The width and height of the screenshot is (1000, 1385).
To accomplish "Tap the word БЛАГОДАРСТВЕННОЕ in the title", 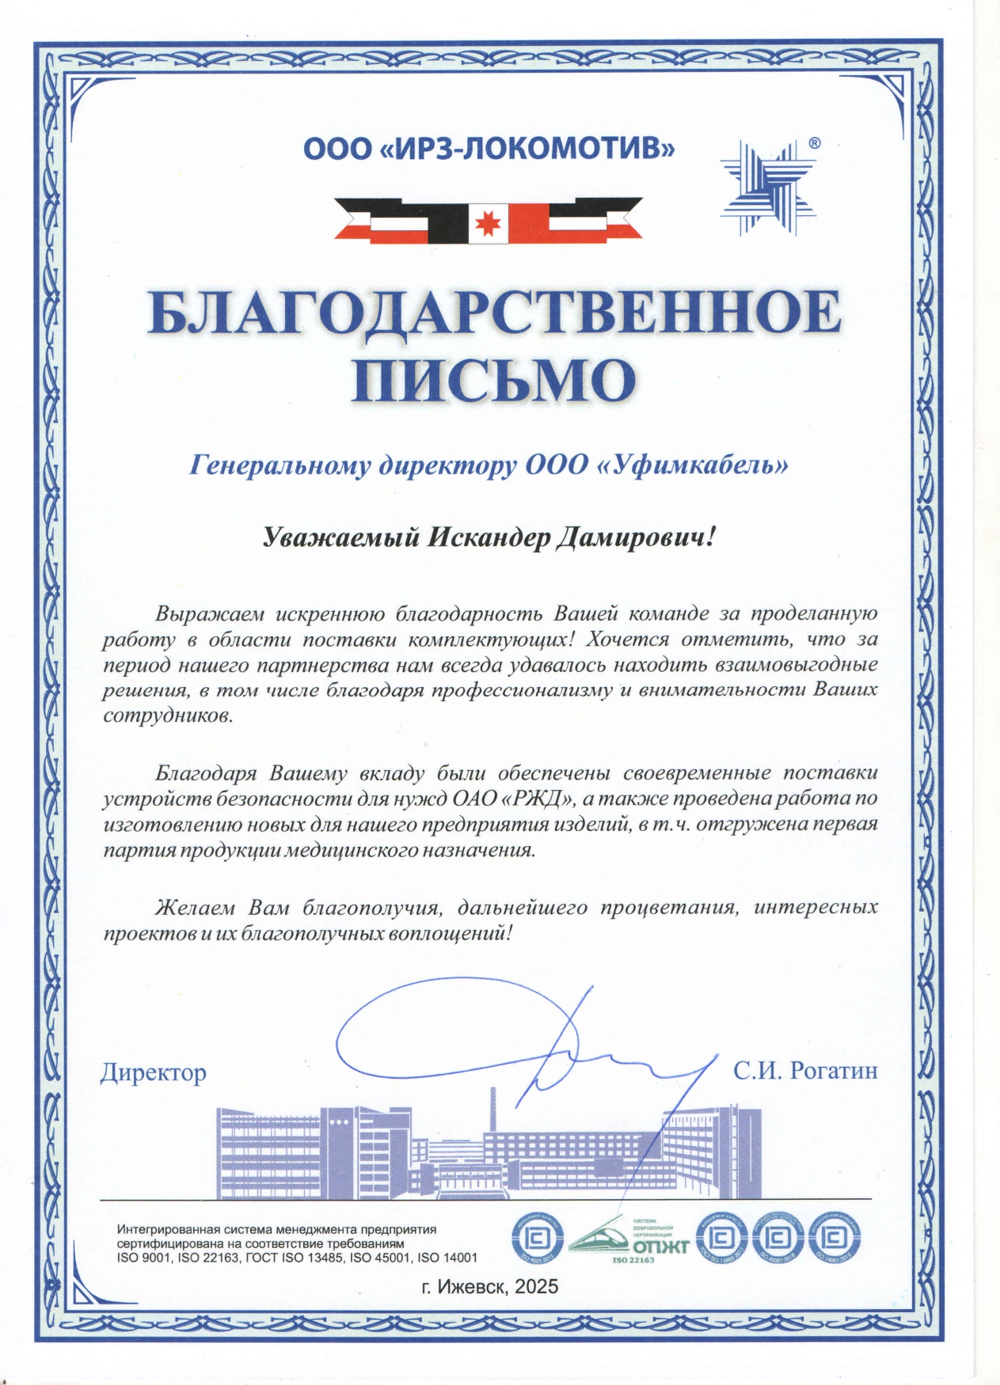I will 494,312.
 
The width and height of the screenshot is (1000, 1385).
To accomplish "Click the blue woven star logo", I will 767,187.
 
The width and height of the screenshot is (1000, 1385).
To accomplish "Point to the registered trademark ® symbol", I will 815,143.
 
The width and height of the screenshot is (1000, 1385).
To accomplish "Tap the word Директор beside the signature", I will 154,1072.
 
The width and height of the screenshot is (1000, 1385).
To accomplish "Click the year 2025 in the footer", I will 537,1287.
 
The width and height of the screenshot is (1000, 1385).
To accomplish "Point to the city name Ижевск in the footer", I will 473,1287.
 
